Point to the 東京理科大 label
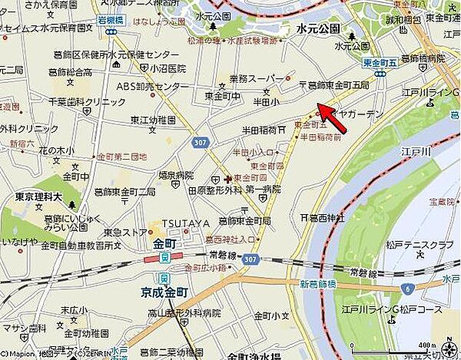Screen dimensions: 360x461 pyautogui.click(x=38, y=197)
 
